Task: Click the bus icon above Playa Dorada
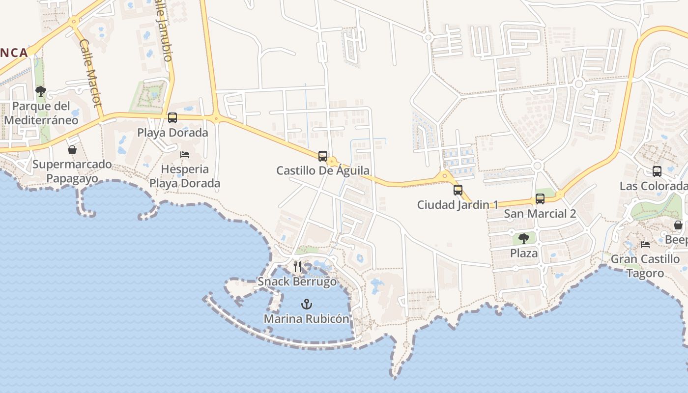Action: [x=172, y=118]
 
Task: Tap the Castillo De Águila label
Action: [x=323, y=171]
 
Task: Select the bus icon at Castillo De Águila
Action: [x=323, y=156]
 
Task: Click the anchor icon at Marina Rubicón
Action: [x=307, y=304]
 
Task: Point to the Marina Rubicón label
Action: [x=307, y=319]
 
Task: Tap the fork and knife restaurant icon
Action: [x=297, y=267]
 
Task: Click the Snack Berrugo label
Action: [x=297, y=282]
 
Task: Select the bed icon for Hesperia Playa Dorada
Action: [x=185, y=154]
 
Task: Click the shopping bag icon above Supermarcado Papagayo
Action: [x=72, y=150]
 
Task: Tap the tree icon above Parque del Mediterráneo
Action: [x=41, y=91]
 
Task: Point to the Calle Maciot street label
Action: [x=90, y=73]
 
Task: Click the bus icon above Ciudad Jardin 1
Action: [x=458, y=190]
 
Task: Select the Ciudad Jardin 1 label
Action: [x=458, y=205]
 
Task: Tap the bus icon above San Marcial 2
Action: [x=540, y=199]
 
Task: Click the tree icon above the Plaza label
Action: [x=523, y=239]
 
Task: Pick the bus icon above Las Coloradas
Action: [x=657, y=171]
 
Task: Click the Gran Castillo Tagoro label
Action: [x=645, y=266]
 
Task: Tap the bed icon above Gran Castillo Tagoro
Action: [x=645, y=245]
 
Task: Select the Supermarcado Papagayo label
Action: [x=72, y=171]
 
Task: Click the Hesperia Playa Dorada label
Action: [x=185, y=176]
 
